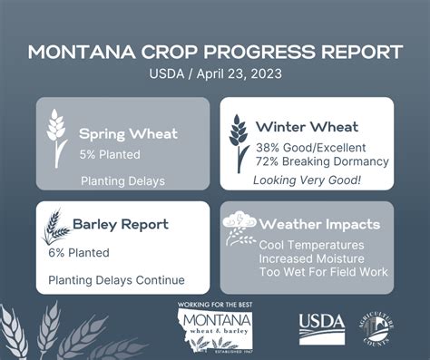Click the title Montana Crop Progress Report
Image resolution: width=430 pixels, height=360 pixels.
[215, 51]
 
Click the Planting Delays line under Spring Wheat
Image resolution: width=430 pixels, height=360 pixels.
[122, 180]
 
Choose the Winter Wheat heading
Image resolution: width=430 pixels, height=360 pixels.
[307, 126]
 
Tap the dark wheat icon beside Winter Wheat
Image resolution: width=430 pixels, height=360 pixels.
[238, 142]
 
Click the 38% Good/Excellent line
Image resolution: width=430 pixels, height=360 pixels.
[308, 146]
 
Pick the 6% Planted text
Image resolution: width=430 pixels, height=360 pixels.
[79, 252]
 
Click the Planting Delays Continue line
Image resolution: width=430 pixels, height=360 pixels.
[116, 279]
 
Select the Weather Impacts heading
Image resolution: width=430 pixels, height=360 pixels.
[321, 224]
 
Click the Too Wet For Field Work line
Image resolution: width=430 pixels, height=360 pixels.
[323, 272]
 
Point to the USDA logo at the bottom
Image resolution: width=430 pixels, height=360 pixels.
[320, 326]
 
